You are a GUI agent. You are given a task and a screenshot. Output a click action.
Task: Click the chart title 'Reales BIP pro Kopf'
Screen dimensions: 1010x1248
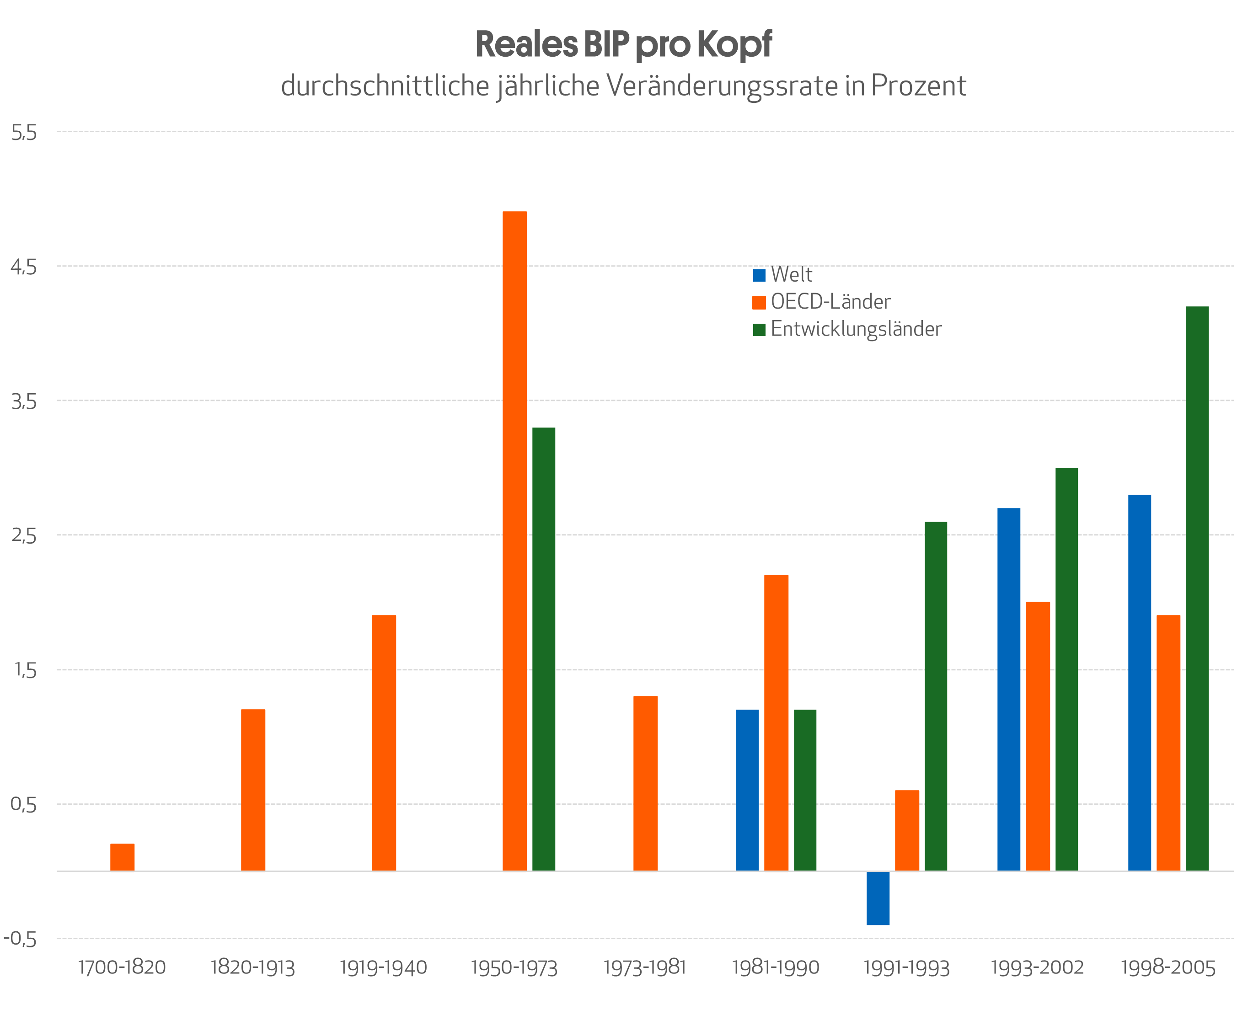[623, 44]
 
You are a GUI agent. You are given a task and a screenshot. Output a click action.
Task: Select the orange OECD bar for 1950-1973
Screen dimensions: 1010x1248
[514, 541]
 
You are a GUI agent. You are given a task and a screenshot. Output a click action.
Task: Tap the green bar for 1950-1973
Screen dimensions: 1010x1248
[543, 649]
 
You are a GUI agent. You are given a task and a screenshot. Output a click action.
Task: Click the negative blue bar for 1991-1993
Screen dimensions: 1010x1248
[878, 898]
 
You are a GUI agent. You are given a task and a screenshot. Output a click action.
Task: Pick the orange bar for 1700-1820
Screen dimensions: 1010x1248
[122, 857]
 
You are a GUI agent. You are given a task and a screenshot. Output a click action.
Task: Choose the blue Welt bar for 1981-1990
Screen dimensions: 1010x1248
[747, 790]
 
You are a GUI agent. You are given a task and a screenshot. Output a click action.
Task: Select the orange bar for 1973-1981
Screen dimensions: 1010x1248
[645, 783]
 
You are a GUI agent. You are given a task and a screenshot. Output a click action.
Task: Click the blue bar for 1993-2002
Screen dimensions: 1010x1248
[1008, 689]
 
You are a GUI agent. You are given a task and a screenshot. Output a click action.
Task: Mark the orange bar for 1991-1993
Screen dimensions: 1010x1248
[906, 830]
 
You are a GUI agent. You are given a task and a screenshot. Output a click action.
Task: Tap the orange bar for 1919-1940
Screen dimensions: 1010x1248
[383, 743]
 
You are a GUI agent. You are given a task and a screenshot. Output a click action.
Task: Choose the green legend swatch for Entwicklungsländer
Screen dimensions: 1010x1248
[759, 329]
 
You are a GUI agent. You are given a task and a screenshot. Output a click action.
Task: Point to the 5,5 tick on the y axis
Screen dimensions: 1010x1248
[24, 133]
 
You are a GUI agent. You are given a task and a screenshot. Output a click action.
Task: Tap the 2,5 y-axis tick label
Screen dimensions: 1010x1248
[24, 535]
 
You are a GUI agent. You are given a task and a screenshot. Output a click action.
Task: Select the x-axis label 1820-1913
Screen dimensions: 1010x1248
[252, 967]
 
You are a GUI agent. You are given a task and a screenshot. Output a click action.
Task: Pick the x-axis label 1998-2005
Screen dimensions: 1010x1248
[1168, 967]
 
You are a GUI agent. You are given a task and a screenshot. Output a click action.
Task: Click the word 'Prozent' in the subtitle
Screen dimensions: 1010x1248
[918, 86]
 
